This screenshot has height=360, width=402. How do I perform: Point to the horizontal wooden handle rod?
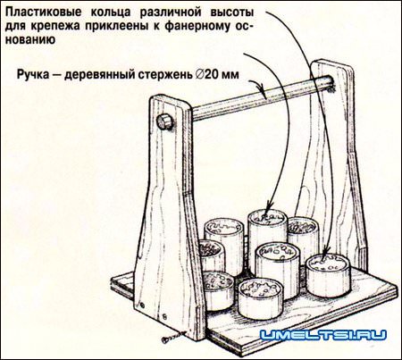pyautogui.click(x=250, y=103)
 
